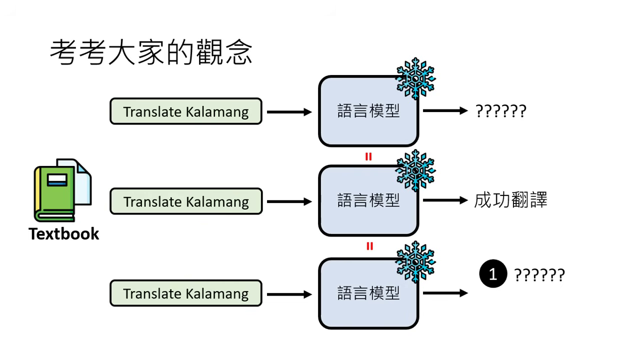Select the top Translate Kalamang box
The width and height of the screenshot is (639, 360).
(185, 111)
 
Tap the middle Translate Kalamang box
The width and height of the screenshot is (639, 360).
(185, 201)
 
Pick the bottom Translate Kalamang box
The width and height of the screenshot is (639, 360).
(185, 293)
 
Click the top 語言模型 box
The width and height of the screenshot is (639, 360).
(368, 111)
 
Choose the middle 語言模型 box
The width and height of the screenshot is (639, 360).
(368, 201)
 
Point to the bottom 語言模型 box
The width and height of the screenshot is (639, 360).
(368, 293)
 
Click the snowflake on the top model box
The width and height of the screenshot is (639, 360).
(415, 78)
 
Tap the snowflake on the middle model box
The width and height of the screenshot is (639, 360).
(415, 170)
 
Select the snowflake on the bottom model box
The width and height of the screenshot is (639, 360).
(415, 261)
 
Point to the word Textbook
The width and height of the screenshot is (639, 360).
(63, 233)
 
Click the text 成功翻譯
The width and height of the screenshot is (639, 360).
(510, 200)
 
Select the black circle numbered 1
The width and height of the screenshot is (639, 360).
(492, 274)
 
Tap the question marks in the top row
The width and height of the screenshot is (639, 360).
(500, 111)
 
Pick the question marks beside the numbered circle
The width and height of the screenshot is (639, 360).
(539, 275)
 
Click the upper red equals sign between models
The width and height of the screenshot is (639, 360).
(368, 156)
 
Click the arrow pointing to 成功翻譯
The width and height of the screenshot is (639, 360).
(445, 201)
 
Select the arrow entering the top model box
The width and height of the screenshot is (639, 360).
(289, 112)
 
